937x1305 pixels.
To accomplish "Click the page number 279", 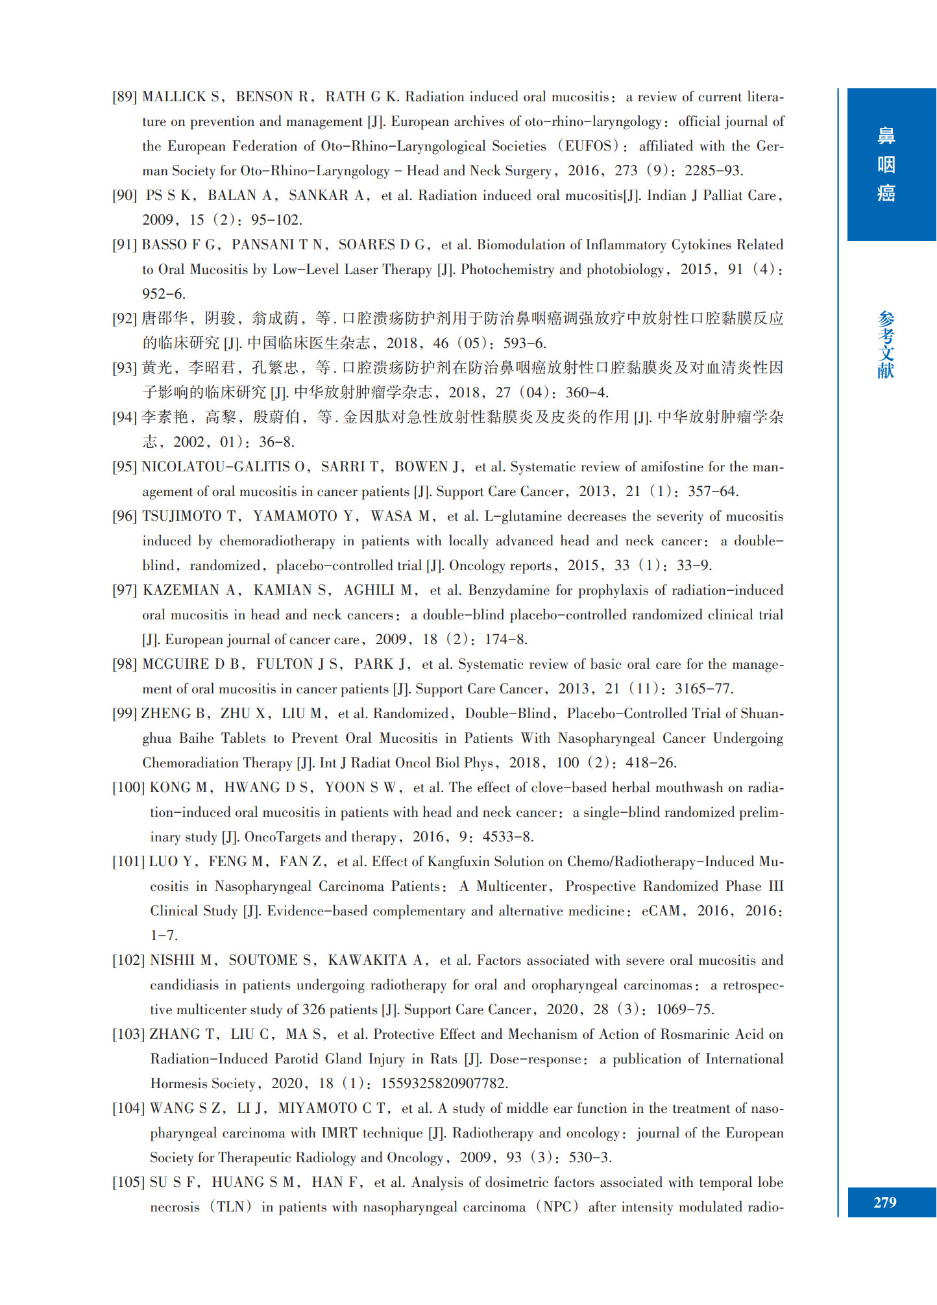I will [x=884, y=1202].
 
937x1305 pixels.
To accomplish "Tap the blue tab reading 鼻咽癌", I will [x=886, y=164].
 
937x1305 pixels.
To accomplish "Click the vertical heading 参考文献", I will [x=886, y=345].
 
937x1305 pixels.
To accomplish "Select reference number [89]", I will [x=125, y=97].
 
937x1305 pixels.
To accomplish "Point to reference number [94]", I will [x=125, y=417].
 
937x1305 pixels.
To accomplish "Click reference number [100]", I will [x=128, y=788].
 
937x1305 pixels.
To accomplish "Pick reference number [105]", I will [x=128, y=1183].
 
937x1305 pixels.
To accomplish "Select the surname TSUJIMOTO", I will [x=182, y=517].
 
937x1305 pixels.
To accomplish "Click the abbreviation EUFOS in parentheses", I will [x=588, y=147].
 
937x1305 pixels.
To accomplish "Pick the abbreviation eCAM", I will [x=661, y=912].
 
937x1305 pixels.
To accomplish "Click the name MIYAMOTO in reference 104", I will [x=317, y=1109].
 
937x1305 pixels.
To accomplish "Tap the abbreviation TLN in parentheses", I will [x=230, y=1208].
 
